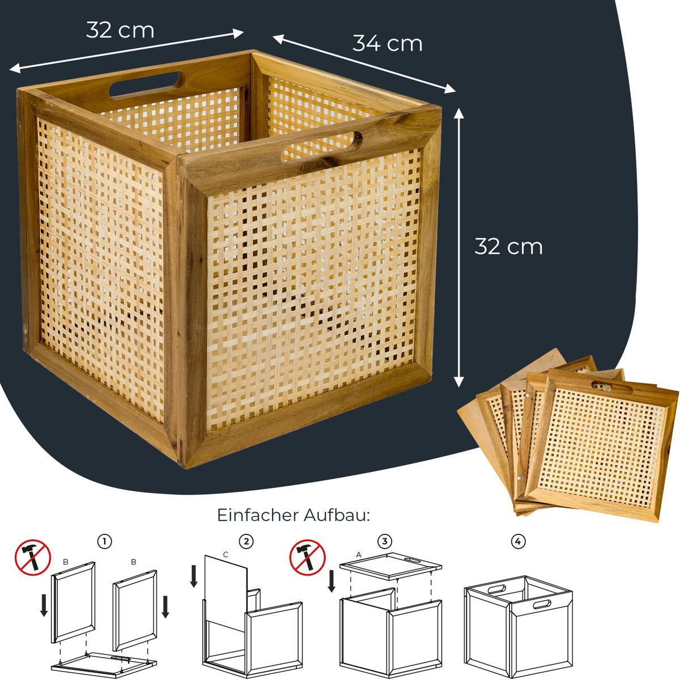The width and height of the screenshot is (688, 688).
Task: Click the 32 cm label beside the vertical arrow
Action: click(508, 247)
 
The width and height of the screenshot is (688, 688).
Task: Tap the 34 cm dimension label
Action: click(388, 44)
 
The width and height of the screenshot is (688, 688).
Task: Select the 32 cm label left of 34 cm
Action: click(120, 30)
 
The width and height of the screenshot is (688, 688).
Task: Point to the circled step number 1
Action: click(104, 542)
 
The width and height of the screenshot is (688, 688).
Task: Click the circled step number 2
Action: click(246, 542)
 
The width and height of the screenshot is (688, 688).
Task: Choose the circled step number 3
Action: click(385, 542)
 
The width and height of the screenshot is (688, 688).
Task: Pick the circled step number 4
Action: click(518, 542)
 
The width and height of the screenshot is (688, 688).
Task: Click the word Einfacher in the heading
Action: click(258, 515)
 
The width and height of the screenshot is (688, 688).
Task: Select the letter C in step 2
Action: click(226, 555)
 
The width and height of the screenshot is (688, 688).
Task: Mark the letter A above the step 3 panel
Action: click(359, 554)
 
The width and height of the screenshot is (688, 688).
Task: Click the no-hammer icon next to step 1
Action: click(33, 558)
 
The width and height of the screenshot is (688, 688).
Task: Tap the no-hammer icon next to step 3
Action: click(308, 558)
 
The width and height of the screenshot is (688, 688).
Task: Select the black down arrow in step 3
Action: click(332, 581)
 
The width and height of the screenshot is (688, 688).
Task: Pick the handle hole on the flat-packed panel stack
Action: click(611, 388)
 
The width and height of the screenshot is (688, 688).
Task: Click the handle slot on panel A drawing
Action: click(413, 560)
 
